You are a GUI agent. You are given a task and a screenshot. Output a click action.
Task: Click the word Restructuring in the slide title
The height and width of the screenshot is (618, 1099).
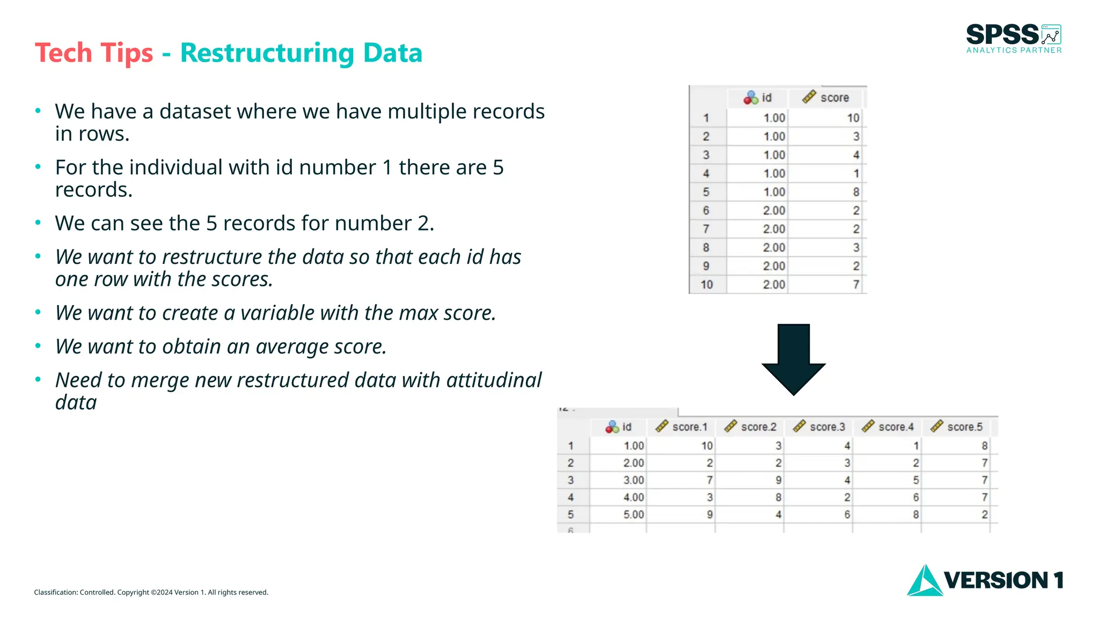pos(267,53)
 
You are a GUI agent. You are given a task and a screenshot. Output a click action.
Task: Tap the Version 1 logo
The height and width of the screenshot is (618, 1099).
pos(985,580)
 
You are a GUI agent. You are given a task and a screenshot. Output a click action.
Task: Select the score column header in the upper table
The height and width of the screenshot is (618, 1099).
pos(826,98)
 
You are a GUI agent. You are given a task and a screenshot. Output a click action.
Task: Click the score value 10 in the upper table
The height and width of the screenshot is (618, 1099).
pos(853,118)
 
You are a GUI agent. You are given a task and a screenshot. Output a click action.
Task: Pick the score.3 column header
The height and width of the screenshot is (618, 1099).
pos(819,427)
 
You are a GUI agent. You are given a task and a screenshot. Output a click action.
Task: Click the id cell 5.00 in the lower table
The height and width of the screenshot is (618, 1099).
pos(633,514)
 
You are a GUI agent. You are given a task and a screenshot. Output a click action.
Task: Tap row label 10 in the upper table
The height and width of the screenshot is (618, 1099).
pos(707,285)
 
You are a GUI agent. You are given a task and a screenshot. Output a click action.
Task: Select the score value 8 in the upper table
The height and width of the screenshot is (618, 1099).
pos(856,192)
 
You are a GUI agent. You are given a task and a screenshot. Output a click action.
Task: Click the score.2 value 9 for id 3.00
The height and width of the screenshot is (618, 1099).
pos(778,480)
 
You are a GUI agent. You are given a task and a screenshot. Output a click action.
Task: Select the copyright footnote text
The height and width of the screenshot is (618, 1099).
pos(151,592)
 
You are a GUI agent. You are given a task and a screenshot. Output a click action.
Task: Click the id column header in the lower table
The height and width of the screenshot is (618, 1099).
pos(619,427)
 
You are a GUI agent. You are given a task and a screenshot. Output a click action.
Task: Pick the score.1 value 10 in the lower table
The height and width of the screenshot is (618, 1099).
pos(707,446)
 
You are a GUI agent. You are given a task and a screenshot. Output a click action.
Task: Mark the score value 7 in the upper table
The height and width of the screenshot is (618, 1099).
pos(856,285)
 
